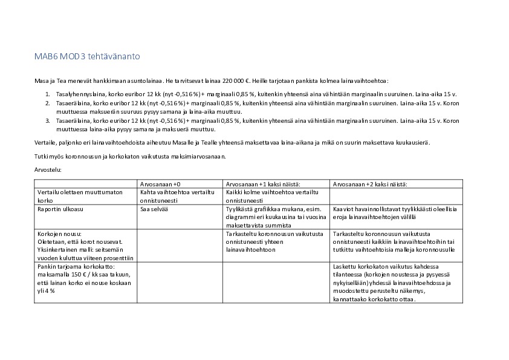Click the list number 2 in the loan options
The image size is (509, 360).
[48, 103]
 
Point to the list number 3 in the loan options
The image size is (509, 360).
[48, 120]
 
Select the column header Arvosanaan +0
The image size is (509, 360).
[160, 184]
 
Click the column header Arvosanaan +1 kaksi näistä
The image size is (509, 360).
[263, 184]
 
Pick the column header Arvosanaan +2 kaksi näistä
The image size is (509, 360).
[370, 184]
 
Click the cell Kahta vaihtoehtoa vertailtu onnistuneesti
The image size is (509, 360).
[177, 195]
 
